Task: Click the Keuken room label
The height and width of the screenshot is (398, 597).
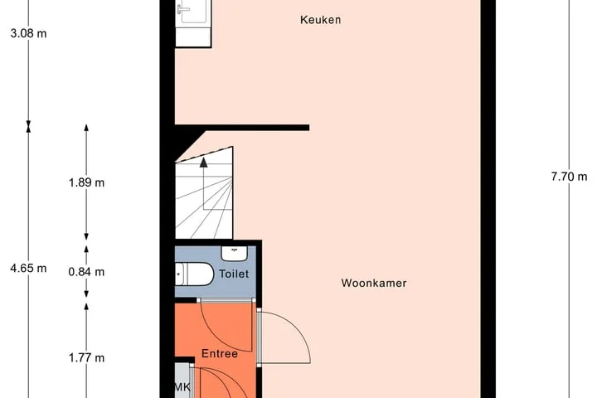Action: [320, 20]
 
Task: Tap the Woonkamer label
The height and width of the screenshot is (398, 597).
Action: [373, 283]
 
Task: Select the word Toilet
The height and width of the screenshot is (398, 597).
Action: [234, 274]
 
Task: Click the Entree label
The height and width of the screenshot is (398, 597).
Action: [220, 353]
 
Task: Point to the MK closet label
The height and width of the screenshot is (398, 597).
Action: [182, 387]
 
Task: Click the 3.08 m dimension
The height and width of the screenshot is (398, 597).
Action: [28, 33]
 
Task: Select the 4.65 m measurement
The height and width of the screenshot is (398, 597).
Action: [28, 269]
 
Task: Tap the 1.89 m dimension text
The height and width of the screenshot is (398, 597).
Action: [86, 182]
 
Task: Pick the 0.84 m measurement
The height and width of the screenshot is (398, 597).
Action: [86, 272]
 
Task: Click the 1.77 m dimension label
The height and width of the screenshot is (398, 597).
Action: [86, 358]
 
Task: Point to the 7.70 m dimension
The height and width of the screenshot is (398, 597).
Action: [569, 177]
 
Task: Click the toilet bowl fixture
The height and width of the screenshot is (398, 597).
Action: [194, 274]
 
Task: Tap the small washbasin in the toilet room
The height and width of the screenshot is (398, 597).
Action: [235, 253]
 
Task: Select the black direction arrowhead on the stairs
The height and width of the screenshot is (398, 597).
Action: [204, 163]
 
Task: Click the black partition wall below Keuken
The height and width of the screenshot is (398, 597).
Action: [242, 128]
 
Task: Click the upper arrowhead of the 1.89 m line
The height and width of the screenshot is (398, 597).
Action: [86, 128]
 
